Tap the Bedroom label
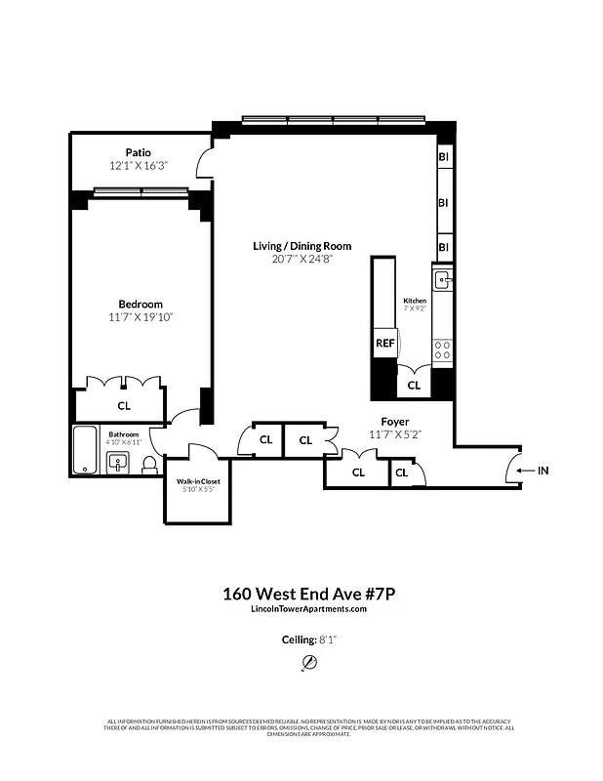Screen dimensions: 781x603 (x=141, y=304)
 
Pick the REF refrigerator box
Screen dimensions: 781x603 (x=383, y=344)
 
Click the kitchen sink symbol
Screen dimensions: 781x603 (x=443, y=282)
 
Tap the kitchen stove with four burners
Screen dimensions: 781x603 (x=443, y=349)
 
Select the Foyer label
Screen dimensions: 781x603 (x=394, y=421)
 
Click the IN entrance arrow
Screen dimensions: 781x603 (x=542, y=471)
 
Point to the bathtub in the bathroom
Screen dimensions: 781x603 (x=86, y=450)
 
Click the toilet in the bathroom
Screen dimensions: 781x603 (x=149, y=467)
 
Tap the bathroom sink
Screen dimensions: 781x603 (x=118, y=463)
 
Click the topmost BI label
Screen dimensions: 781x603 (x=443, y=156)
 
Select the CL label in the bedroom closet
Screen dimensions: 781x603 (x=124, y=405)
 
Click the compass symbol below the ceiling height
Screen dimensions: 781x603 (x=309, y=663)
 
